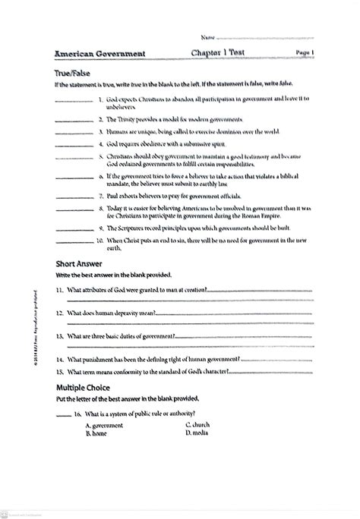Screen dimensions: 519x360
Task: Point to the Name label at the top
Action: tap(207, 36)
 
